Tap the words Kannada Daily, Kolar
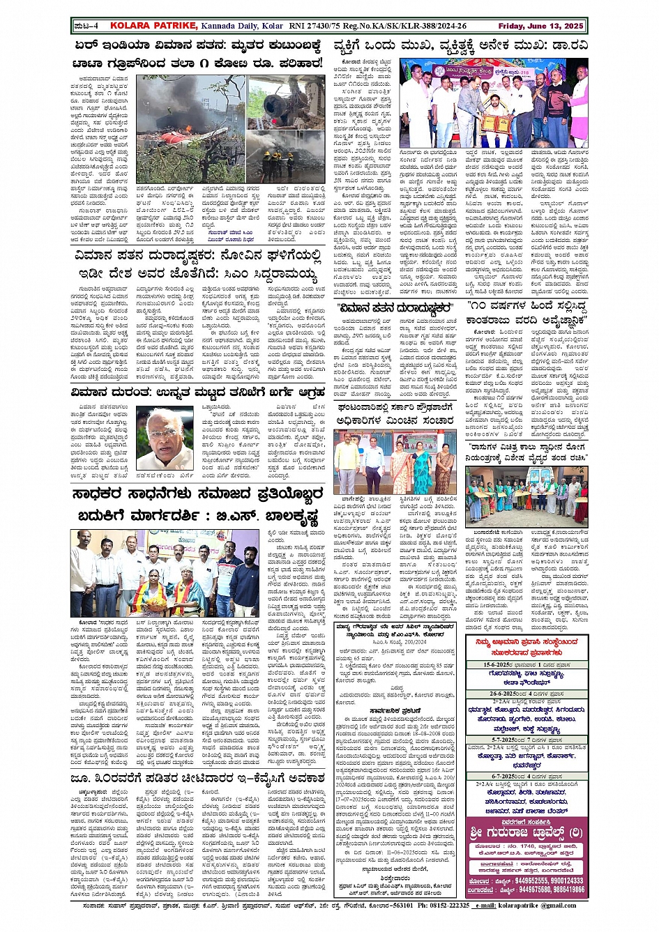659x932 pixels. [x=242, y=26]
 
